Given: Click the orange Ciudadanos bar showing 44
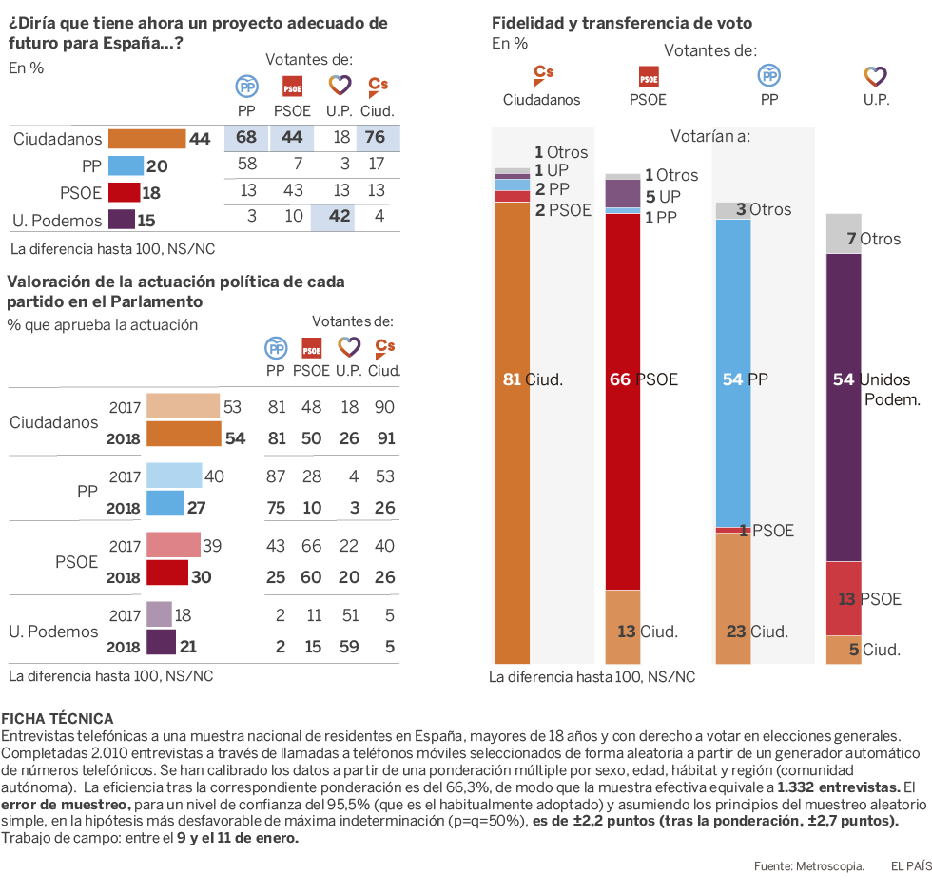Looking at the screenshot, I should [147, 139].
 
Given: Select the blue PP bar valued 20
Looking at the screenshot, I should [126, 166].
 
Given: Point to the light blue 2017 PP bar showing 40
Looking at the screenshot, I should [174, 476].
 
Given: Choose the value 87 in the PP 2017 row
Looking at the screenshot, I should [277, 476].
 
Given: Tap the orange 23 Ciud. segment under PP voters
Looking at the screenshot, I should [732, 598].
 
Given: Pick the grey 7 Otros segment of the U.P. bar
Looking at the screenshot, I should [844, 234].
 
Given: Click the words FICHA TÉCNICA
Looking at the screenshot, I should [58, 718].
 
